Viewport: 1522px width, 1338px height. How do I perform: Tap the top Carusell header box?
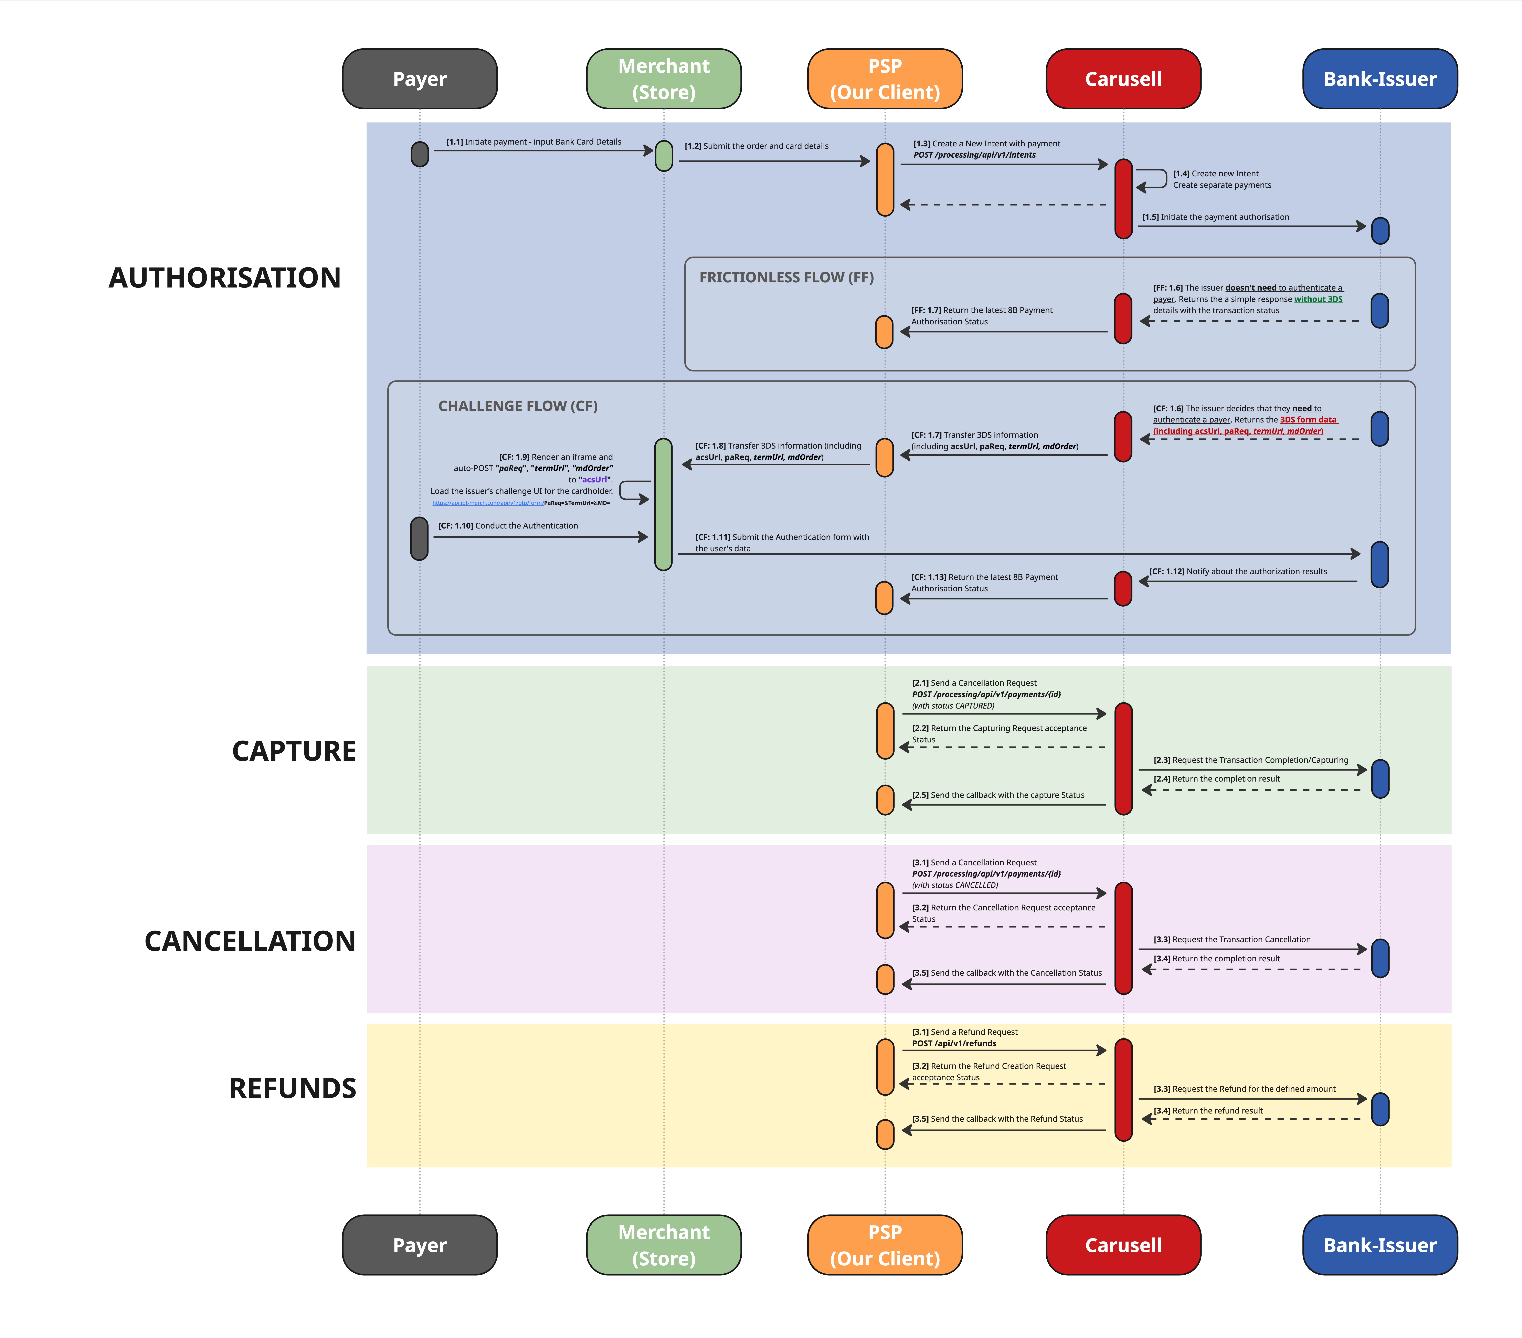point(1123,79)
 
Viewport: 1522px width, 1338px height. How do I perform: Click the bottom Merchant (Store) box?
point(664,1245)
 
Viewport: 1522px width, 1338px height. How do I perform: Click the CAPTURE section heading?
point(294,751)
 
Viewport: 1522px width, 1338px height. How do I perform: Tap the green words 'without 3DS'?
point(1318,299)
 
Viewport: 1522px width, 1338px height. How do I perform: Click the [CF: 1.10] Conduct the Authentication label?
point(508,526)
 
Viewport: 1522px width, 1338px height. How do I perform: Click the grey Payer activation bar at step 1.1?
point(420,154)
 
